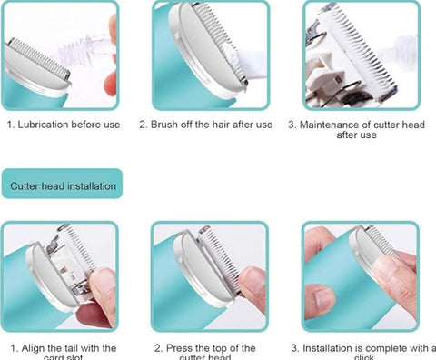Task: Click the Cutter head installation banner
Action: click(x=64, y=186)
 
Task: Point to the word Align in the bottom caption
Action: click(x=35, y=347)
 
